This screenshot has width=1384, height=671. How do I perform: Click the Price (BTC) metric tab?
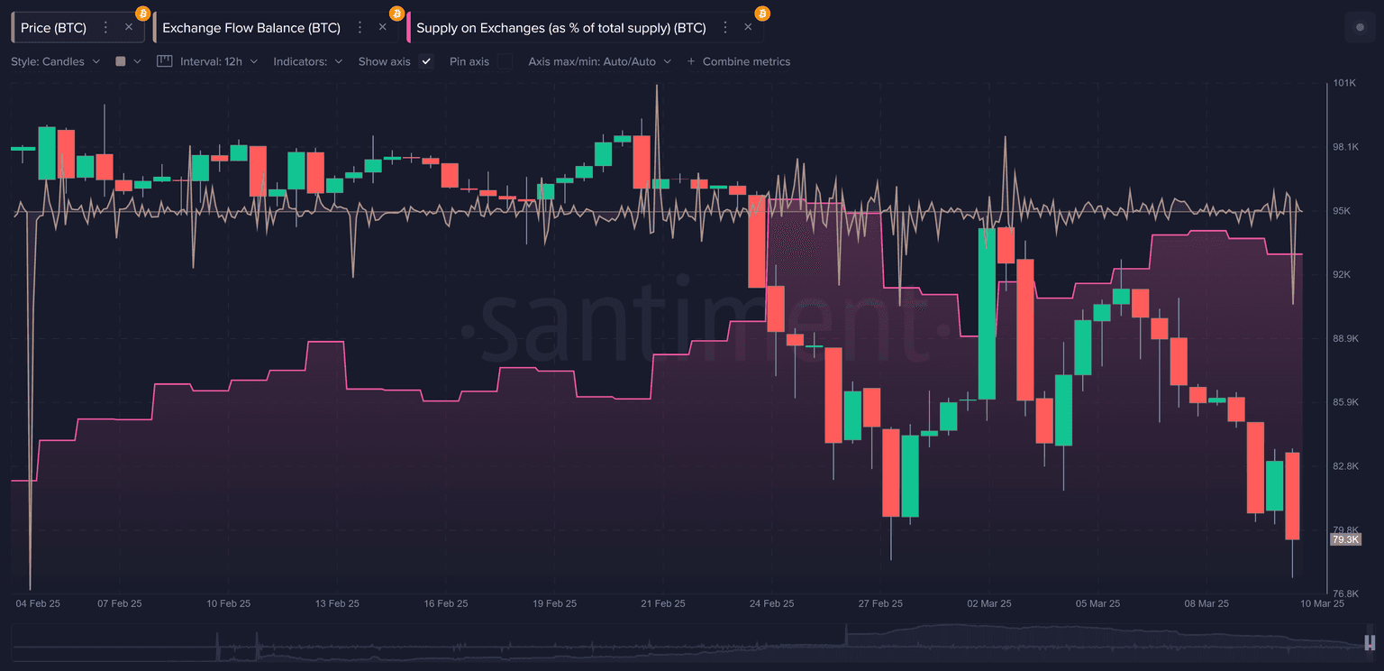tap(54, 28)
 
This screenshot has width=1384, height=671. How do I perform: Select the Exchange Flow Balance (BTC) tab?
tap(251, 28)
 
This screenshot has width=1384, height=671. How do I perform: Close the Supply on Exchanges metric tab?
tap(748, 27)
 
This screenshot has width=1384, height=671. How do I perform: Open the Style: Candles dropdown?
tap(56, 61)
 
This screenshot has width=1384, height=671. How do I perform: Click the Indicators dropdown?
tap(308, 61)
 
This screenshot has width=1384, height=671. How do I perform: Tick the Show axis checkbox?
tap(427, 61)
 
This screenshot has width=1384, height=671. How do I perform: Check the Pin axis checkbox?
tap(505, 61)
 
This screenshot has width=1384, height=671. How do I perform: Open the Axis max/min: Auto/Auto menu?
tap(600, 61)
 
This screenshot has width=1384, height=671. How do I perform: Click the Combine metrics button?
tap(739, 61)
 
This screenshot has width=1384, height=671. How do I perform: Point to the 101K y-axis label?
tap(1344, 83)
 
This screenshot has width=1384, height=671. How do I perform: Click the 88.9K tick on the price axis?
tap(1345, 338)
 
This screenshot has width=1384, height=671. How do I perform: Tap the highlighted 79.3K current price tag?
tap(1344, 539)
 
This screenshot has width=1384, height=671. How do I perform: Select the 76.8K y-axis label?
tap(1345, 593)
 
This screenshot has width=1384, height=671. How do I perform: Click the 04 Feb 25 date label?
tap(38, 603)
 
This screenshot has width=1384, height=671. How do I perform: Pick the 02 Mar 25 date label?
tap(988, 603)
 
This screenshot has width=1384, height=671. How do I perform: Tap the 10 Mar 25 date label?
tap(1322, 603)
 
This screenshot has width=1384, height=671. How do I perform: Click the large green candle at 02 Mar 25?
tap(987, 313)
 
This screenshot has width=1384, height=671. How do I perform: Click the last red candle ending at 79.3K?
tap(1293, 495)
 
